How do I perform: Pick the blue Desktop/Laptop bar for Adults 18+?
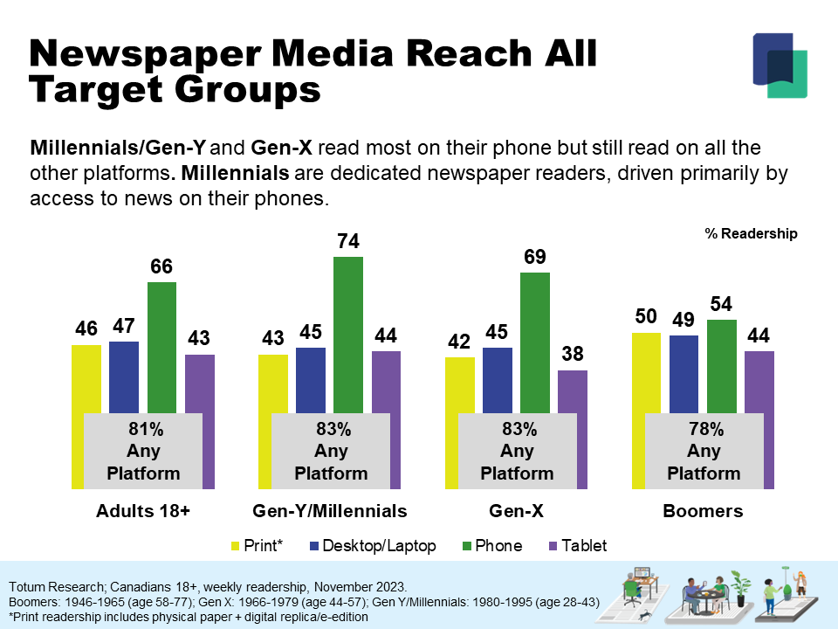click(x=124, y=376)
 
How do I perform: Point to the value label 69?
click(x=535, y=258)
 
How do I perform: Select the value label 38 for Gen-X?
click(x=573, y=355)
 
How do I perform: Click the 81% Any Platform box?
click(x=143, y=451)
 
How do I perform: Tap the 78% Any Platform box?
click(x=704, y=451)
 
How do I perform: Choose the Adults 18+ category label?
click(x=142, y=511)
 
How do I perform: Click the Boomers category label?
click(x=703, y=511)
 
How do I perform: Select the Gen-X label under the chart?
click(x=517, y=511)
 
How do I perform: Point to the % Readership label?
click(x=751, y=234)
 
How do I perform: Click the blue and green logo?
click(x=780, y=65)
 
